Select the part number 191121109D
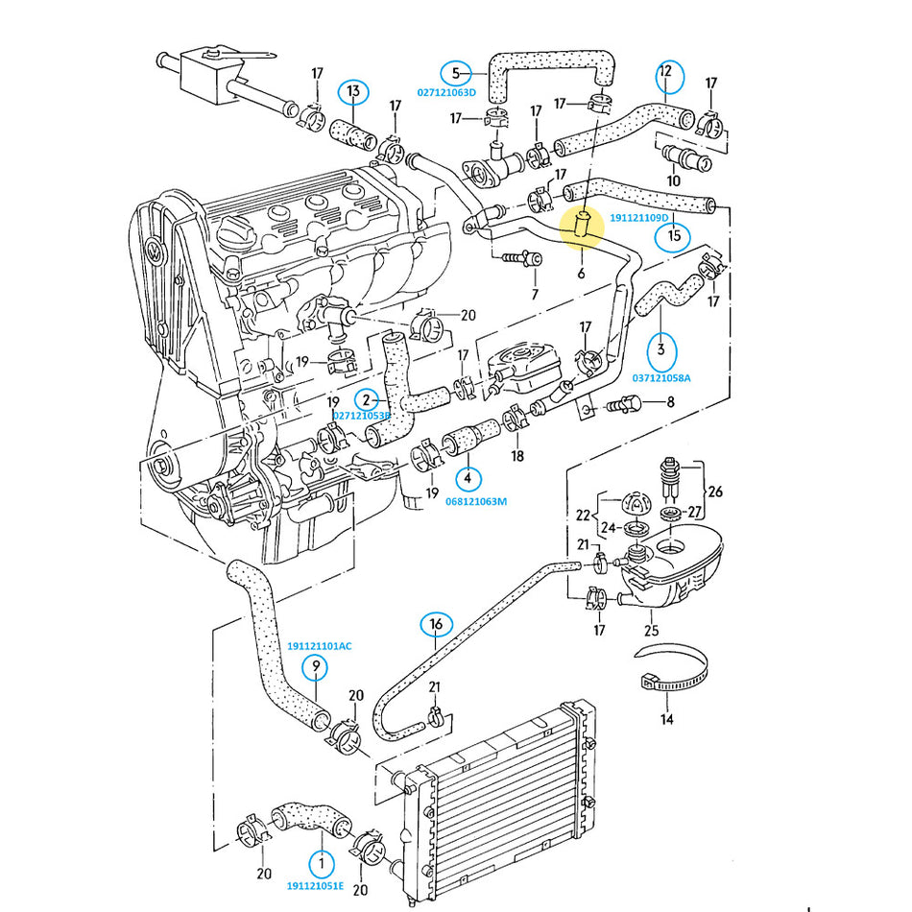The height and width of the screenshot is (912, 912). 639,218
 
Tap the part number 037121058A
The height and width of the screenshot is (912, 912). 661,378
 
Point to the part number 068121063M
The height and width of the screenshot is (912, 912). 476,501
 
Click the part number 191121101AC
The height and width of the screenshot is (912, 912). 320,646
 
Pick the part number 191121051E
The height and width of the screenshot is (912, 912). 315,886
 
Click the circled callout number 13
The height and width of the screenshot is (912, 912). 353,92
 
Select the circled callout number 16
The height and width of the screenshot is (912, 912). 436,625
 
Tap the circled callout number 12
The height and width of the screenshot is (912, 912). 669,76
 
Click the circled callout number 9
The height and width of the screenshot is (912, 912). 315,666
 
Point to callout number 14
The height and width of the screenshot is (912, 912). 666,719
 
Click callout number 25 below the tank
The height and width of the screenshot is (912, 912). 652,631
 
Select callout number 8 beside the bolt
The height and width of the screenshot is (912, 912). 671,402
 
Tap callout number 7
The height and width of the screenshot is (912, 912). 535,295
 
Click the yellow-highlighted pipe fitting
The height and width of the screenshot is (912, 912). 582,225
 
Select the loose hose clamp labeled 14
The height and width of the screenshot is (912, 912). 672,669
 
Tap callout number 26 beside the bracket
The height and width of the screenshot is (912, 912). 715,492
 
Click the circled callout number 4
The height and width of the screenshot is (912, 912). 468,479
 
